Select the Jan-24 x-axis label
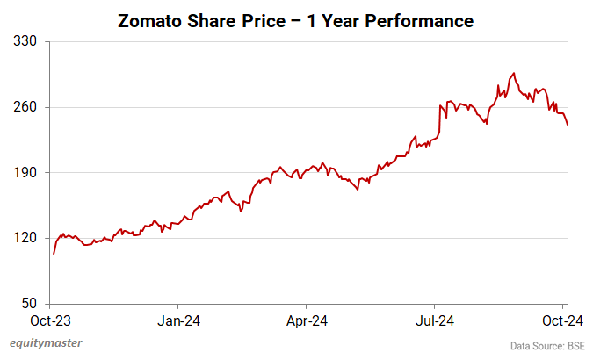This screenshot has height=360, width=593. pos(179,320)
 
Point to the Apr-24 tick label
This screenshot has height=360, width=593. pos(308,320)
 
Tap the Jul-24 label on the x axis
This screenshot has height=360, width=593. pos(437,320)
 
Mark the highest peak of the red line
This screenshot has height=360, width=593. pos(514,74)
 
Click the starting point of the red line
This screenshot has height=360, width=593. pos(54,254)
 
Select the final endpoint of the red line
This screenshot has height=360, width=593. pos(568,125)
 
